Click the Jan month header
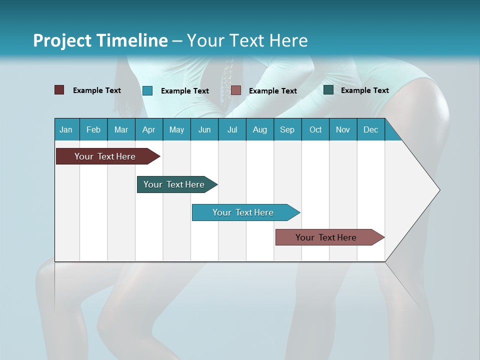click(x=66, y=129)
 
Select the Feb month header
click(x=93, y=129)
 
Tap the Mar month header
click(x=121, y=129)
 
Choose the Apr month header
click(x=149, y=129)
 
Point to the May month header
click(x=176, y=129)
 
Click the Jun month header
click(x=204, y=129)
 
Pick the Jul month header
click(x=232, y=129)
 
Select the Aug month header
click(x=260, y=129)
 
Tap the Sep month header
click(x=287, y=129)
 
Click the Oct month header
click(x=315, y=129)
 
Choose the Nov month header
click(x=343, y=129)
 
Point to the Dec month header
click(x=371, y=129)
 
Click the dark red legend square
click(x=59, y=90)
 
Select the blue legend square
click(x=147, y=90)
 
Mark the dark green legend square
click(x=328, y=90)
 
